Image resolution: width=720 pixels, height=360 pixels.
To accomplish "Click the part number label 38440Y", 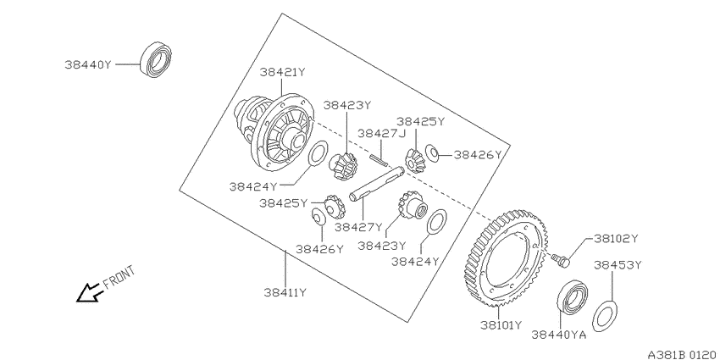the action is click(x=88, y=64).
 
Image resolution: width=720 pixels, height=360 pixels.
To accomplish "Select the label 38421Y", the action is click(x=282, y=72).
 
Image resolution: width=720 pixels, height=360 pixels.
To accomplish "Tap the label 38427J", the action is click(x=382, y=133).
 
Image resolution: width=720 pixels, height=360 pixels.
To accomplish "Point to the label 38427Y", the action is click(x=358, y=227).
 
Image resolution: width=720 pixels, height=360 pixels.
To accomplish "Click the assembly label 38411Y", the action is click(x=285, y=292).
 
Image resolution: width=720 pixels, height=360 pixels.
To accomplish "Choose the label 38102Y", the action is click(x=616, y=238).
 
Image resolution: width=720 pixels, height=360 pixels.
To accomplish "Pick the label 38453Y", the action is click(x=618, y=265).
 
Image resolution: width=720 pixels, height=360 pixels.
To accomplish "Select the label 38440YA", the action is click(x=559, y=335).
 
